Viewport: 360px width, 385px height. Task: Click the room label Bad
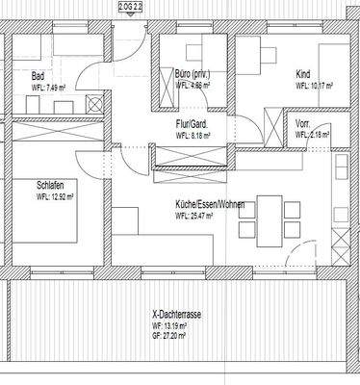[x=38, y=76]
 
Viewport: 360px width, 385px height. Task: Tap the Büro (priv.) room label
[x=193, y=74]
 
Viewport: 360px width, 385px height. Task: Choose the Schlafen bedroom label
[x=52, y=186]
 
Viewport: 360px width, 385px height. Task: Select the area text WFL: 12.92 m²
[x=56, y=196]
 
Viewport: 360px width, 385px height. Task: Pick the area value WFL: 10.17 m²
[x=315, y=86]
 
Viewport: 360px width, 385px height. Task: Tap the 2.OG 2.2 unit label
[x=131, y=6]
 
